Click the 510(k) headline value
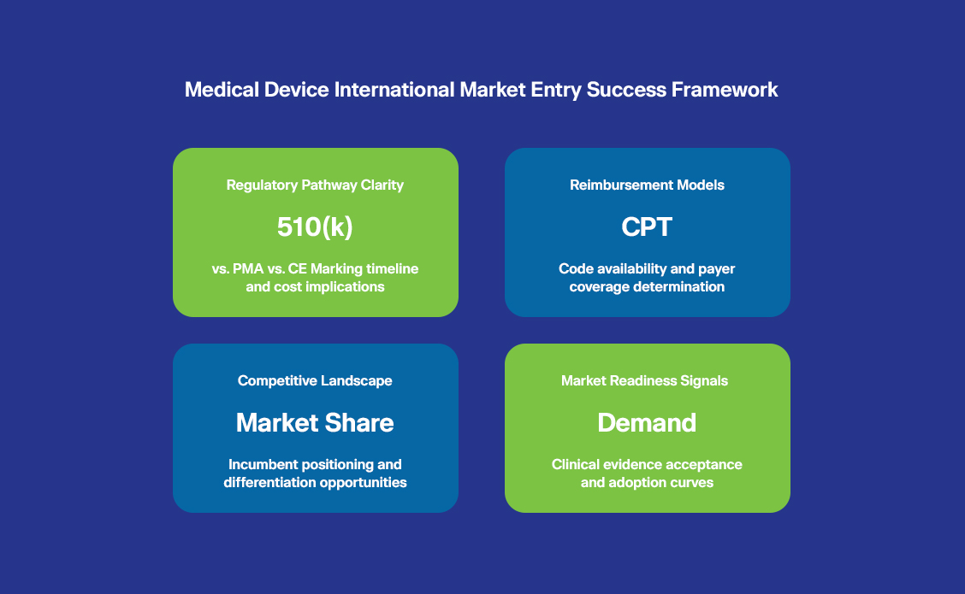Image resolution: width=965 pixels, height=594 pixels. (315, 226)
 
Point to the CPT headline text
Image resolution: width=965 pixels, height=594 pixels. (647, 226)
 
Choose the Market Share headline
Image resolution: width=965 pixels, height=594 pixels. (315, 422)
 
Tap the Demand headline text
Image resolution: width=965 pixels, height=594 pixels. (647, 422)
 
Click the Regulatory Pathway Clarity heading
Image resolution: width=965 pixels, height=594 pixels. (315, 185)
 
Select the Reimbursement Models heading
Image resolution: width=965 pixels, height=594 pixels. (647, 185)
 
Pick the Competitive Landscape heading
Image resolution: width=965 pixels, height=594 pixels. (315, 380)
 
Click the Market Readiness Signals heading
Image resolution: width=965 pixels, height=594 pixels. (644, 380)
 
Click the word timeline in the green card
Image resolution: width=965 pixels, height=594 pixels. (392, 268)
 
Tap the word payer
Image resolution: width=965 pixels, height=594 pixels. (716, 269)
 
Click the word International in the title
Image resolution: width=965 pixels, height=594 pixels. (394, 90)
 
